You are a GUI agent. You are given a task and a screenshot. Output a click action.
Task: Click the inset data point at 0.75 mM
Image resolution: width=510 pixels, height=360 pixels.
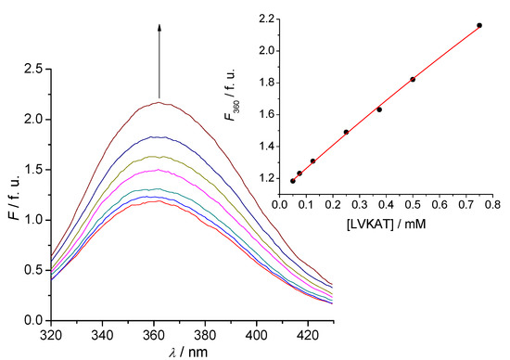pyautogui.click(x=479, y=25)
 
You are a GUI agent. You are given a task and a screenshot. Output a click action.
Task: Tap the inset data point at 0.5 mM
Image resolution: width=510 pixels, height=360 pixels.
pyautogui.click(x=413, y=79)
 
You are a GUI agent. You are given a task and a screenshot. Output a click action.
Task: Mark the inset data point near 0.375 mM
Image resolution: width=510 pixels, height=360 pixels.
pyautogui.click(x=379, y=109)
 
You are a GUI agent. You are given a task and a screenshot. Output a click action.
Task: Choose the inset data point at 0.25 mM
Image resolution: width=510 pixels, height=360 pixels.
pyautogui.click(x=346, y=132)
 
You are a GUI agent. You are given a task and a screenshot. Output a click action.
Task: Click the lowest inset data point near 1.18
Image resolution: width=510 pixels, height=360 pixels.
pyautogui.click(x=293, y=181)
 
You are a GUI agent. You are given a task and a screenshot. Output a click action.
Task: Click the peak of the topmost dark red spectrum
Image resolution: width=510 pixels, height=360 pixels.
pyautogui.click(x=160, y=102)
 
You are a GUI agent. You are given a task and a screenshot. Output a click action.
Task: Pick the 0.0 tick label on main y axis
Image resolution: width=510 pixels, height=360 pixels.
pyautogui.click(x=33, y=320)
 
